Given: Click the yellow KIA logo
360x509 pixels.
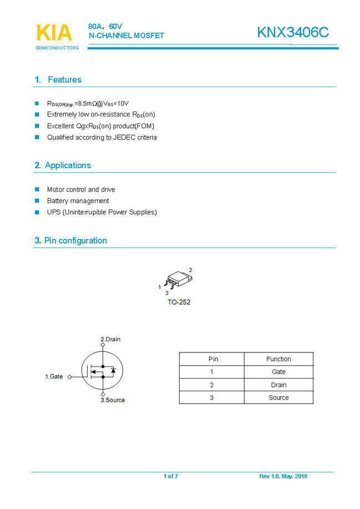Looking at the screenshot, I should click(54, 33).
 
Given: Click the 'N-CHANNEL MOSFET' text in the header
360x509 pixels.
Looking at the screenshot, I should click(126, 36).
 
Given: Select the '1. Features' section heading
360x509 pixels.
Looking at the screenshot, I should click(58, 80).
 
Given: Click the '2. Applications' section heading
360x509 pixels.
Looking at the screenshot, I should click(62, 165).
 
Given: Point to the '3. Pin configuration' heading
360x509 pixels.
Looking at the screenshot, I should click(70, 240).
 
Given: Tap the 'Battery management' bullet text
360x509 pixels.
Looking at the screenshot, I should click(78, 201).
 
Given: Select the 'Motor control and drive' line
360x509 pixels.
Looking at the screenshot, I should click(81, 189).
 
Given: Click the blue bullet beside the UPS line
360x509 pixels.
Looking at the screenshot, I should click(37, 212).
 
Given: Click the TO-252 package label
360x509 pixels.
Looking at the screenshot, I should click(179, 303).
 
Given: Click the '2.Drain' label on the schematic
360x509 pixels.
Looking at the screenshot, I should click(110, 339).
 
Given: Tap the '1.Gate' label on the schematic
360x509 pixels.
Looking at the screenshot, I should click(54, 376).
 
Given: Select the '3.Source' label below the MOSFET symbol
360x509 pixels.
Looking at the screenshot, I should click(113, 400).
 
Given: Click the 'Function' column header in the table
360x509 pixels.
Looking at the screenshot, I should click(278, 359).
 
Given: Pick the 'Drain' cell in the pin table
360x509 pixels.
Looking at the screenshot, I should click(278, 385).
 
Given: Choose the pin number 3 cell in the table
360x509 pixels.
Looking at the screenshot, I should click(211, 397).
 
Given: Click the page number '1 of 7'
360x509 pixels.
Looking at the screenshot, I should click(171, 476).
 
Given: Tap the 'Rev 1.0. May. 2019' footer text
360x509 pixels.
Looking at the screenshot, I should click(283, 476).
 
